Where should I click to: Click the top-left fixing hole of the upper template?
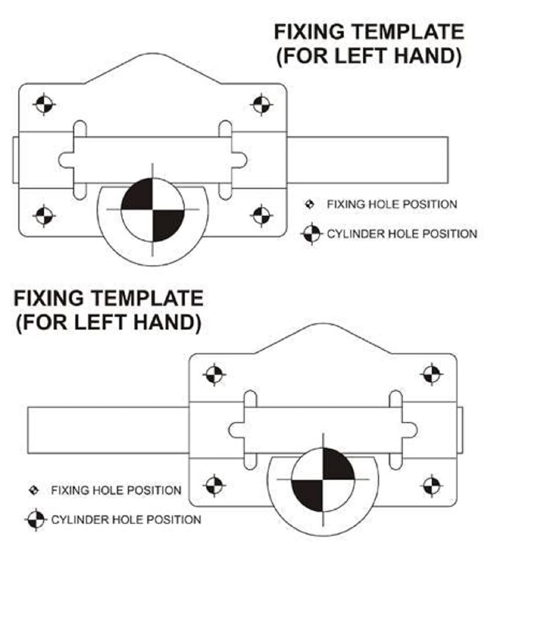pos(44,104)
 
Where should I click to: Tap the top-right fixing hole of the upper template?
pos(262,104)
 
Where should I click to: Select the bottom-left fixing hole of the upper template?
pos(44,215)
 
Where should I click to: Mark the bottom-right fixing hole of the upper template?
pos(262,215)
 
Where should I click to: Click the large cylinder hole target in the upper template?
pos(153,209)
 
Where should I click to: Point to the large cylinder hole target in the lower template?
pos(323,479)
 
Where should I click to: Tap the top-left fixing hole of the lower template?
pos(214,374)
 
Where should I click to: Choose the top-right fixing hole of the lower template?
pos(431,374)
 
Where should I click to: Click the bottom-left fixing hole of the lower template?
pos(214,485)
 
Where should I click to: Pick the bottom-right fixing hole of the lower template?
pos(431,485)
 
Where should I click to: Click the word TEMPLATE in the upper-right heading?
pos(408,32)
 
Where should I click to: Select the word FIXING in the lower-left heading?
pos(49,298)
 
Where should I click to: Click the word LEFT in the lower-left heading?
pos(95,322)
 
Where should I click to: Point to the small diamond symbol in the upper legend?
pos(310,204)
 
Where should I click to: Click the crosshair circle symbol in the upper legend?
pos(312,234)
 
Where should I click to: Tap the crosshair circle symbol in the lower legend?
pos(36,520)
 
